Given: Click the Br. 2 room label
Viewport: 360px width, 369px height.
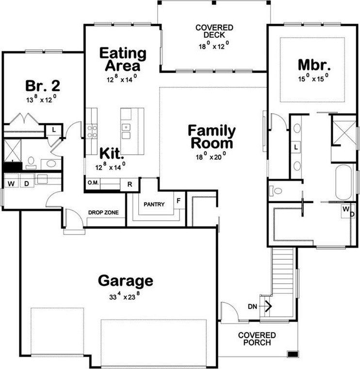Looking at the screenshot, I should click(x=42, y=86).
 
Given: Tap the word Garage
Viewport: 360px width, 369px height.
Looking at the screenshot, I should click(x=126, y=281).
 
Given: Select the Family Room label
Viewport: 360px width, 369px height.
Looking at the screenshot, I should click(x=212, y=137).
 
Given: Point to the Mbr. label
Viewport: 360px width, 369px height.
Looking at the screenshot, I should click(x=314, y=65).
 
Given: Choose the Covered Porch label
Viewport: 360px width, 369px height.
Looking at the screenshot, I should click(x=257, y=339).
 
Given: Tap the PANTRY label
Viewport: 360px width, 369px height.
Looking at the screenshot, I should click(x=154, y=204).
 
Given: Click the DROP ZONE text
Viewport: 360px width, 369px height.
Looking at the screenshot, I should click(x=103, y=213).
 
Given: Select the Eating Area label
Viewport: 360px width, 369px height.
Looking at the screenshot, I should click(x=123, y=59).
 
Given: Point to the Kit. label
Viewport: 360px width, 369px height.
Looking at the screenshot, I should click(x=112, y=153).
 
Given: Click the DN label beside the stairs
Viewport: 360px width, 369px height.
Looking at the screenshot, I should click(x=252, y=306).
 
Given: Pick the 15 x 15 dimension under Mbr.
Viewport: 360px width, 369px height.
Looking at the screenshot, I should click(x=313, y=77).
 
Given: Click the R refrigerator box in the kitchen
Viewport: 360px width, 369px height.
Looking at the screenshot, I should click(x=130, y=184).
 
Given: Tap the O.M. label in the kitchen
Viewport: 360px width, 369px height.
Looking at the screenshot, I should click(x=93, y=184).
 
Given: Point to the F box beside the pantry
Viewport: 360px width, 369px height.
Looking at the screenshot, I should click(x=178, y=200).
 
